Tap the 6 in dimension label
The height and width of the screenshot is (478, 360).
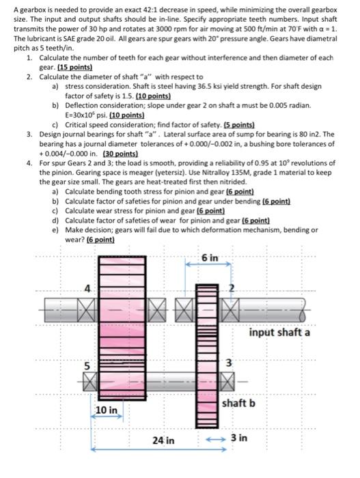coord(210,258)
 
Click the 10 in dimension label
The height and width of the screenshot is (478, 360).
coord(107,410)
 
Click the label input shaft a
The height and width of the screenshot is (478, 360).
coord(279,333)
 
